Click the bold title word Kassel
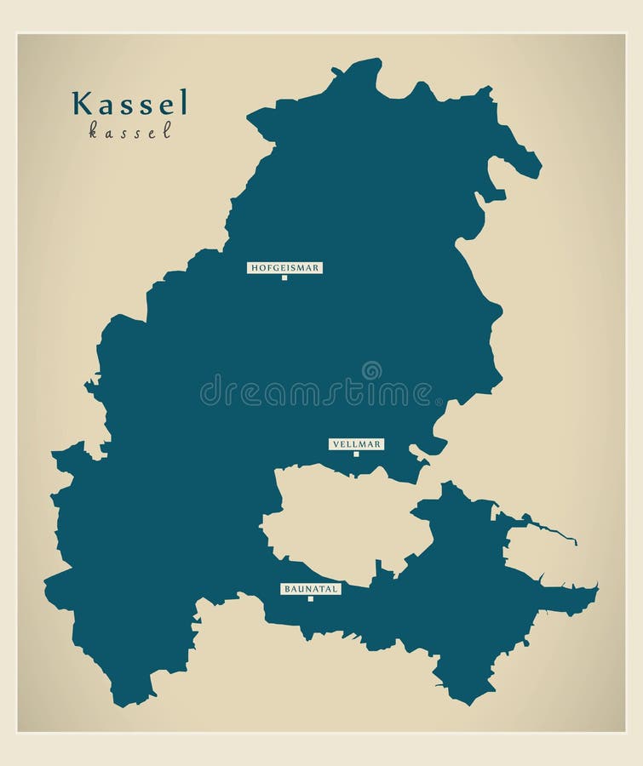pyautogui.click(x=130, y=103)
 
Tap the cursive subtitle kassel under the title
pyautogui.click(x=130, y=130)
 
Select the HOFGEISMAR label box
pyautogui.click(x=284, y=267)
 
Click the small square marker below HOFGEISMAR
pyautogui.click(x=284, y=277)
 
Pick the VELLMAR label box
pyautogui.click(x=356, y=443)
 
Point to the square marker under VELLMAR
pyautogui.click(x=356, y=454)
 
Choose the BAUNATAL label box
pyautogui.click(x=310, y=588)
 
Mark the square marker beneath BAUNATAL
pyautogui.click(x=310, y=598)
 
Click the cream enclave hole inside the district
pyautogui.click(x=341, y=519)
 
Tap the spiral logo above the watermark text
pyautogui.click(x=371, y=370)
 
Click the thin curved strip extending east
pyautogui.click(x=545, y=529)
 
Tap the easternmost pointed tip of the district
pyautogui.click(x=597, y=586)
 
